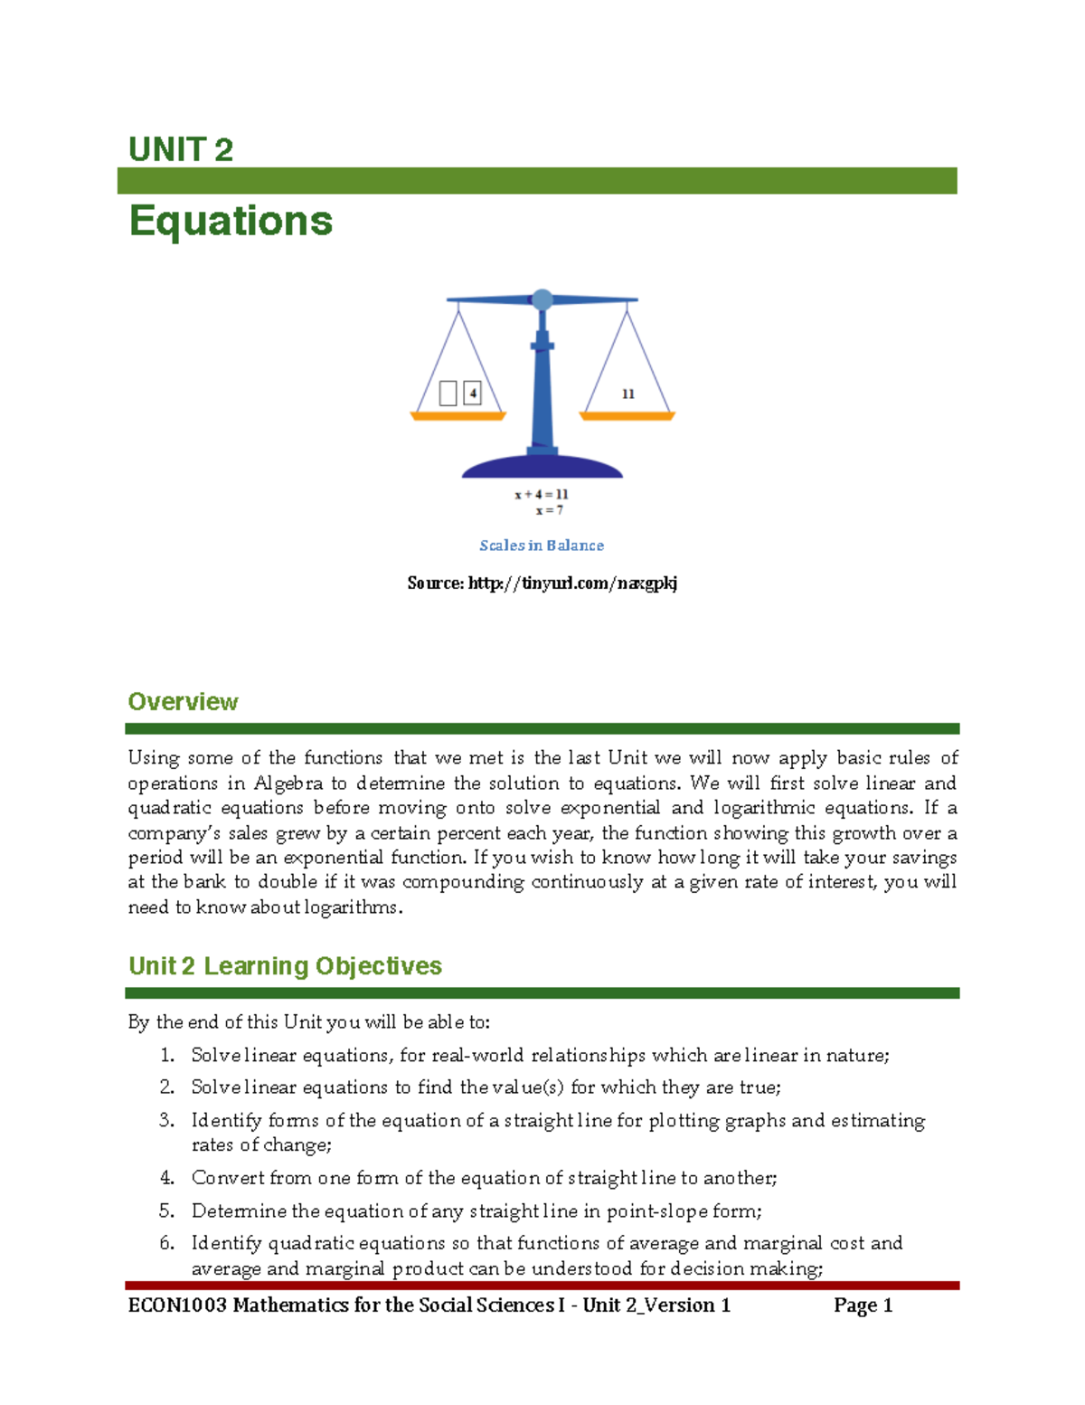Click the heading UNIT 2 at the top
coord(181,149)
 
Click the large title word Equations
coord(231,221)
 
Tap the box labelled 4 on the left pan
coord(472,394)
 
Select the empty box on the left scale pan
coord(448,394)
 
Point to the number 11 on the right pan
coord(627,394)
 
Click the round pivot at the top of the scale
coord(542,299)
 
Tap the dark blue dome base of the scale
coord(542,466)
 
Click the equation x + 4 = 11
coord(542,494)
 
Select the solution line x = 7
coord(549,510)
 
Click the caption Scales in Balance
coord(542,546)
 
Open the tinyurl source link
coord(572,584)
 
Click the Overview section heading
coord(183,702)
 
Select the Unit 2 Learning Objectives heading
coord(285,966)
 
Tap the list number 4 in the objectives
coord(166,1178)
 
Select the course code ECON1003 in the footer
coord(177,1305)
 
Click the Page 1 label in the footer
coord(863,1305)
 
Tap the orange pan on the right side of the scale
coord(627,416)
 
